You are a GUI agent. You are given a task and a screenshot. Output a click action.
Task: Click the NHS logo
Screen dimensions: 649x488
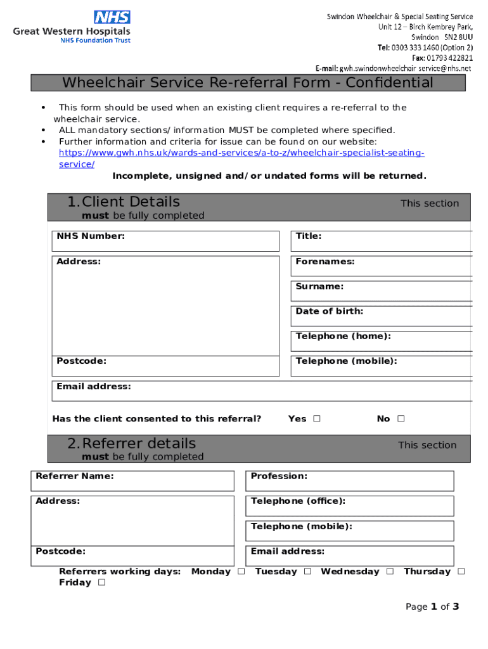[112, 17]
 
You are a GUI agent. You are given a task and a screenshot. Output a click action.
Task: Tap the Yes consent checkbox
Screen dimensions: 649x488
[316, 419]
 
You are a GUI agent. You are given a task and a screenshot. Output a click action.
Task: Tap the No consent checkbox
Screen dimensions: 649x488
[401, 419]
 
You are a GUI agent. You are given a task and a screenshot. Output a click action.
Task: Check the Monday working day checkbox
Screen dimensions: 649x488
[241, 572]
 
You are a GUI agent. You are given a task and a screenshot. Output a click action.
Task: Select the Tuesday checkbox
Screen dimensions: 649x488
[307, 572]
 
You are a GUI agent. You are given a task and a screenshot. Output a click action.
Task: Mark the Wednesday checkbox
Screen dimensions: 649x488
[390, 572]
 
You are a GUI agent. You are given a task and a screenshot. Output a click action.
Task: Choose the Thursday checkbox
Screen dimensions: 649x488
[461, 572]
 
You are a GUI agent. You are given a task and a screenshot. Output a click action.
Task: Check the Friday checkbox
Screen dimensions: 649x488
[101, 583]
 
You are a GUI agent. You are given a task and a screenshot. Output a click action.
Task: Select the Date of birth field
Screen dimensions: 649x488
[382, 316]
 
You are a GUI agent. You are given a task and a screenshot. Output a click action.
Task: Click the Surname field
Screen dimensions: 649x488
[382, 291]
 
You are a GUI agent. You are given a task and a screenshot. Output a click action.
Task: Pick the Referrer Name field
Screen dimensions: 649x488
[132, 481]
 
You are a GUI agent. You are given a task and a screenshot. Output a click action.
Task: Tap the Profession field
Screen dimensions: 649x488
[349, 481]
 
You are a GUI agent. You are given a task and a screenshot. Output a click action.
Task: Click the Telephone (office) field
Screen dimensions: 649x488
[349, 506]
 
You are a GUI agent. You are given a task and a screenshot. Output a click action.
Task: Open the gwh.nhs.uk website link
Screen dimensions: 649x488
[241, 153]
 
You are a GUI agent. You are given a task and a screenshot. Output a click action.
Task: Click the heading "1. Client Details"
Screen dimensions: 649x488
[124, 202]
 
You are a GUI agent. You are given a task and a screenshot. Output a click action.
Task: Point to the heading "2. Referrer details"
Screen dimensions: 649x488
[132, 444]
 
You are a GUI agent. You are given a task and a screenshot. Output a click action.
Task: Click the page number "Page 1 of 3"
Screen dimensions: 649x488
[432, 607]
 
